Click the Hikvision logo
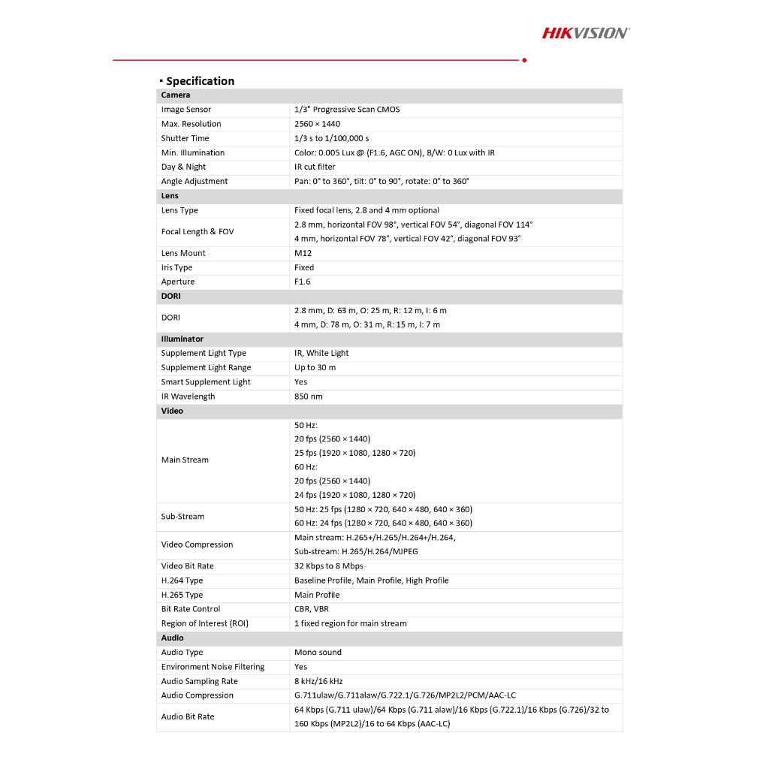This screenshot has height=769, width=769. coord(586,32)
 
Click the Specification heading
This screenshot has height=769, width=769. coord(200,81)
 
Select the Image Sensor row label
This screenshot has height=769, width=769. coord(186,110)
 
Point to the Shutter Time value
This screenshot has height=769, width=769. coord(331,138)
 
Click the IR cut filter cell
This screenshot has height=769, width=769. coord(315,167)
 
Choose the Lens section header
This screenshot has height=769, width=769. coord(170,196)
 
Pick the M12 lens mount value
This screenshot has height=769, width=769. coord(303,253)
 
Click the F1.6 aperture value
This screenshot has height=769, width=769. coord(302,282)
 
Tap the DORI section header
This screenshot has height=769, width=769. coord(171,296)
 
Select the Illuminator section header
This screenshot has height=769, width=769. coord(182,339)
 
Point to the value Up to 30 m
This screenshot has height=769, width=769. coord(315,368)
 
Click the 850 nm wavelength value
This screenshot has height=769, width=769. coord(308,397)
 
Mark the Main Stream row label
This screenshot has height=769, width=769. coord(185,460)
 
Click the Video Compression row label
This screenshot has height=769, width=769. coord(197,544)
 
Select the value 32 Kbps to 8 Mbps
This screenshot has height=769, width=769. coord(328,566)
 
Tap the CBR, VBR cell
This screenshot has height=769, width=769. coord(311,609)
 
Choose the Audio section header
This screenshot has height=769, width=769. coord(172,638)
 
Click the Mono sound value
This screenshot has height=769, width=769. coord(318,653)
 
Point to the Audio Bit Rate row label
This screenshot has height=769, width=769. coord(188,716)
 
